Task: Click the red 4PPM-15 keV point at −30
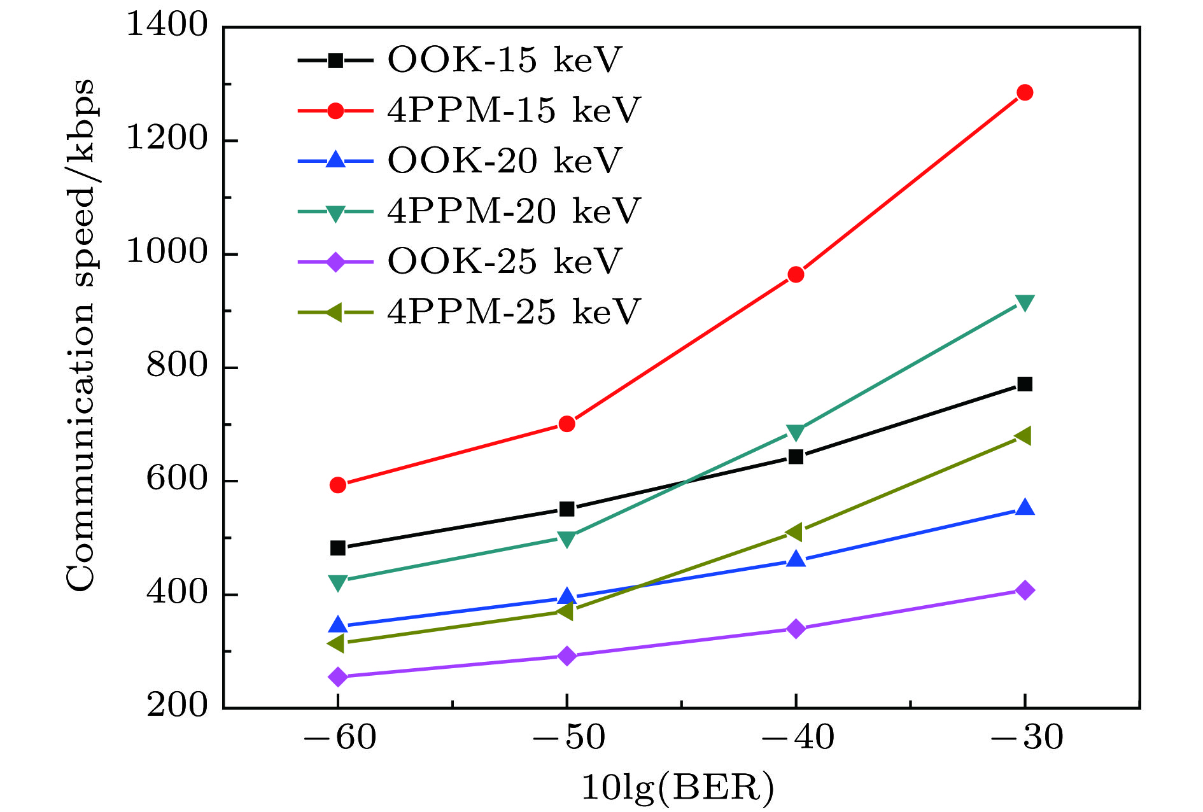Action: (x=1025, y=93)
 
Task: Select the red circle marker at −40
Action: (x=796, y=275)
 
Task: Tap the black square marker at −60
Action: (x=338, y=548)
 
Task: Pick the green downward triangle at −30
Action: (x=1025, y=303)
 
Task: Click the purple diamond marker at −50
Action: (x=566, y=656)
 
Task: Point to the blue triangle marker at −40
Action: (x=796, y=559)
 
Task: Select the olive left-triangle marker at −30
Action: (x=1024, y=436)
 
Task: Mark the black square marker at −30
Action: (x=1025, y=384)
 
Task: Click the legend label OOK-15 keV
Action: (x=504, y=60)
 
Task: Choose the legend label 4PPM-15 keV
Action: (x=513, y=111)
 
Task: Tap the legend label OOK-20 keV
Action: (x=504, y=161)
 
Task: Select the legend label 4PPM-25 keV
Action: (x=513, y=312)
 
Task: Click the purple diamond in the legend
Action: (x=335, y=262)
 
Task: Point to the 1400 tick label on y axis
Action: (x=167, y=25)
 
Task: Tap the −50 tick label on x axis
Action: (x=568, y=738)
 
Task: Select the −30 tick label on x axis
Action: (x=1027, y=738)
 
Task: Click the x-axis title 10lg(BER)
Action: (x=679, y=788)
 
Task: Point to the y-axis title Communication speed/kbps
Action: (x=81, y=335)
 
